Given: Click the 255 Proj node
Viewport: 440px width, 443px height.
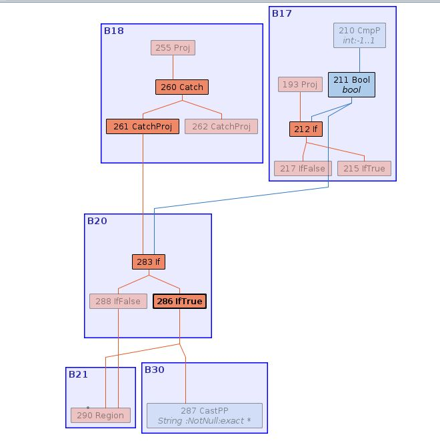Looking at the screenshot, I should click(173, 48).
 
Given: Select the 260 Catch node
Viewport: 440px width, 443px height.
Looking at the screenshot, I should click(182, 87).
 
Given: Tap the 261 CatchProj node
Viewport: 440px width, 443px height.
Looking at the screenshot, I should click(143, 127).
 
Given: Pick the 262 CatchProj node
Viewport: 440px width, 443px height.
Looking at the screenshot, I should click(221, 127).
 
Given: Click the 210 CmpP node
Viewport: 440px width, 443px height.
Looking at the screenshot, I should click(360, 35).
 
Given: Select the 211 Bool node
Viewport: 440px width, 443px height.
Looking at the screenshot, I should click(351, 85).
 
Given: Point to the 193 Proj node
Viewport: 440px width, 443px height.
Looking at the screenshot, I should click(299, 85).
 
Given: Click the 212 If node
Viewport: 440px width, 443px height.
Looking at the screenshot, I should click(307, 129).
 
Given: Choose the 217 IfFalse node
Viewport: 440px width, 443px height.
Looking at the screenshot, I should click(303, 168).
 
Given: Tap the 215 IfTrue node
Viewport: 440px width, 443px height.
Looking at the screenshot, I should click(364, 168).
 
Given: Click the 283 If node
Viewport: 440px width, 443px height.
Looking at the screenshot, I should click(148, 262).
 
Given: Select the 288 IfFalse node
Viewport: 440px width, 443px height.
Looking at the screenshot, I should click(118, 301).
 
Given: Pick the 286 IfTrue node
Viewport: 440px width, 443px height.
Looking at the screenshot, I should click(179, 301).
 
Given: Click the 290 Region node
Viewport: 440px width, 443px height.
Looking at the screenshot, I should click(101, 416).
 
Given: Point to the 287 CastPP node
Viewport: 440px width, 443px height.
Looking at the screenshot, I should click(205, 416).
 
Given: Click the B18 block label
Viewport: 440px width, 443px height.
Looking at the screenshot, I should click(113, 31).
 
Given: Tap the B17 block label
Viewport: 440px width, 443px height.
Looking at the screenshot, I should click(281, 13).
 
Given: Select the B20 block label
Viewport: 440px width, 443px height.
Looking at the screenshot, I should click(97, 221).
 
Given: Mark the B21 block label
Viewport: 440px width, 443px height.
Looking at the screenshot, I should click(78, 374).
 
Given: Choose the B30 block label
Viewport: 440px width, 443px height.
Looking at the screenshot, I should click(154, 370).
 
